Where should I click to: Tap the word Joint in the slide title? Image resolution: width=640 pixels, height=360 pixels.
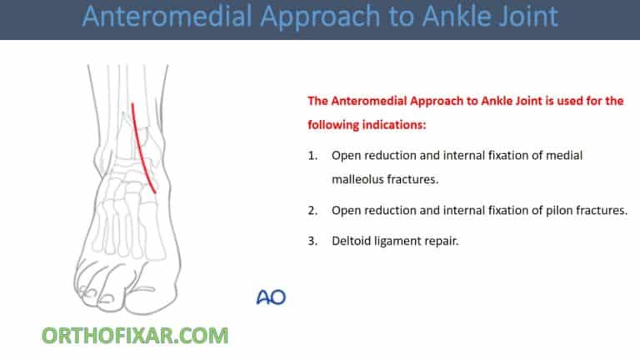(526, 17)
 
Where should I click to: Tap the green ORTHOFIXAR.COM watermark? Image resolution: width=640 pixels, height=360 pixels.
(135, 336)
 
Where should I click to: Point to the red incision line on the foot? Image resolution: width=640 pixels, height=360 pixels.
(144, 150)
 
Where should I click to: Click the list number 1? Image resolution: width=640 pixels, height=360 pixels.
(312, 156)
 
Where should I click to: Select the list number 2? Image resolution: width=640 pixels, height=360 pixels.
(312, 210)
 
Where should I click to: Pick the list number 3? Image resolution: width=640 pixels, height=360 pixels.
(312, 242)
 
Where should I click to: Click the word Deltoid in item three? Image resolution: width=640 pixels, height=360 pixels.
(351, 242)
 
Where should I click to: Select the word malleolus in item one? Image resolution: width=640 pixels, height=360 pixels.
(360, 178)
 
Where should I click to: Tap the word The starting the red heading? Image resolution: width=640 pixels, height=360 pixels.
(319, 102)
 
